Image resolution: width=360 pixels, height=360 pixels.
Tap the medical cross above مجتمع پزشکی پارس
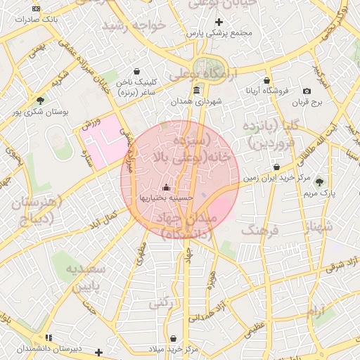tap(219, 22)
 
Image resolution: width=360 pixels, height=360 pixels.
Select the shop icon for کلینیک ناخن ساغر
tap(136, 71)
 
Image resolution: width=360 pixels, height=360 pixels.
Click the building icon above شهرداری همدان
tap(195, 91)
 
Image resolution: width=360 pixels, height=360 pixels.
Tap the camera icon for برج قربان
tap(307, 91)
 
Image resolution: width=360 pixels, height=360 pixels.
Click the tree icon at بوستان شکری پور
tap(40, 101)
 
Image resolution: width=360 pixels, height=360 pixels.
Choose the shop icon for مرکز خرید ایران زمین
tap(276, 167)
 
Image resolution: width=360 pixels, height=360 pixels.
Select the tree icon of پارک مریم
tap(320, 181)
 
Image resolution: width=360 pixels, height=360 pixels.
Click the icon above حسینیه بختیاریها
tap(166, 187)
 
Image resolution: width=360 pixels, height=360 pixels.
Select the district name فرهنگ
tap(261, 230)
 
